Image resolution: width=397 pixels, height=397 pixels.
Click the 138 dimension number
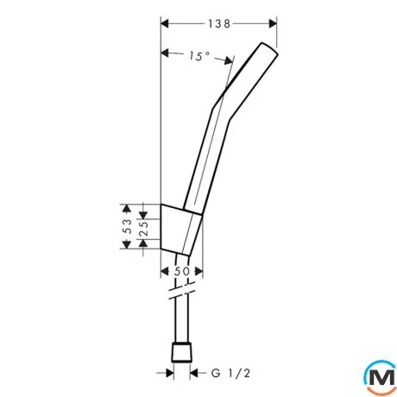tap(219, 23)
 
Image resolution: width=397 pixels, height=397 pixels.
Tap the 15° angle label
tap(199, 56)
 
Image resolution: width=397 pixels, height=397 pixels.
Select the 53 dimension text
tap(127, 226)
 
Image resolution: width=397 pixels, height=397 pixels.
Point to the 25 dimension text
tap(143, 229)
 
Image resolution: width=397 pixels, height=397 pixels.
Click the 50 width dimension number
tap(182, 271)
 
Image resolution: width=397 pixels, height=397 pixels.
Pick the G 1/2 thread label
tap(230, 374)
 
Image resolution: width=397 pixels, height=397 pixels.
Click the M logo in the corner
tap(381, 377)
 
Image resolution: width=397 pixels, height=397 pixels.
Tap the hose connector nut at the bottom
tap(181, 351)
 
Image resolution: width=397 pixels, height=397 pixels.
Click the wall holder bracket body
tap(181, 230)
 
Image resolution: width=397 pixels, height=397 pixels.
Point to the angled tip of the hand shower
tap(269, 48)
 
